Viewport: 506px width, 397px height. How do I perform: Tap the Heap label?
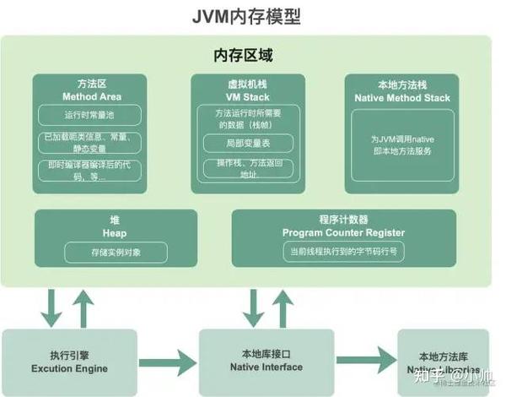click(115, 231)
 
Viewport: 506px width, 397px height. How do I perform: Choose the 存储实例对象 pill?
click(115, 251)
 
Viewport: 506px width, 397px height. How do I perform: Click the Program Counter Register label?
click(343, 232)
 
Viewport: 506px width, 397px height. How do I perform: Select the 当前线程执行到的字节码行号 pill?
click(343, 251)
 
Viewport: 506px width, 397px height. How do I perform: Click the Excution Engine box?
click(69, 362)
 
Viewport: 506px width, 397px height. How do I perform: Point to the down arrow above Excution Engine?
click(52, 307)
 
